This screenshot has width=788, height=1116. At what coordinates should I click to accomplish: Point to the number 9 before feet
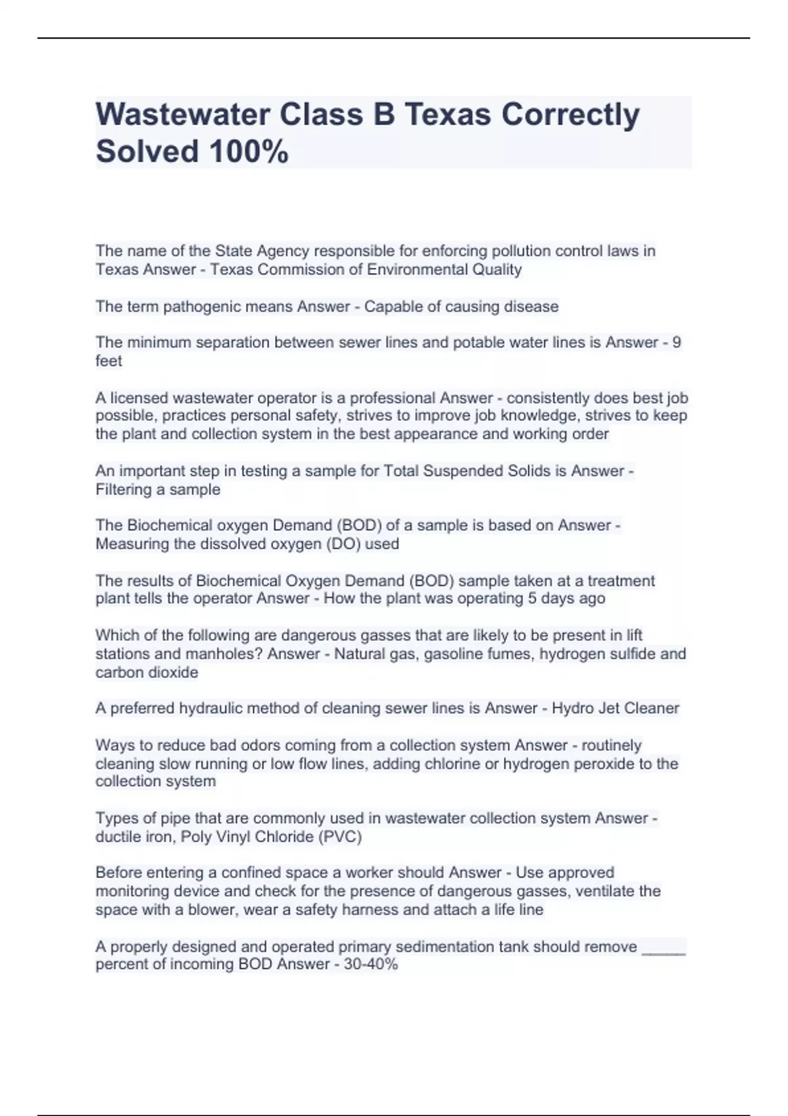(x=677, y=343)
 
